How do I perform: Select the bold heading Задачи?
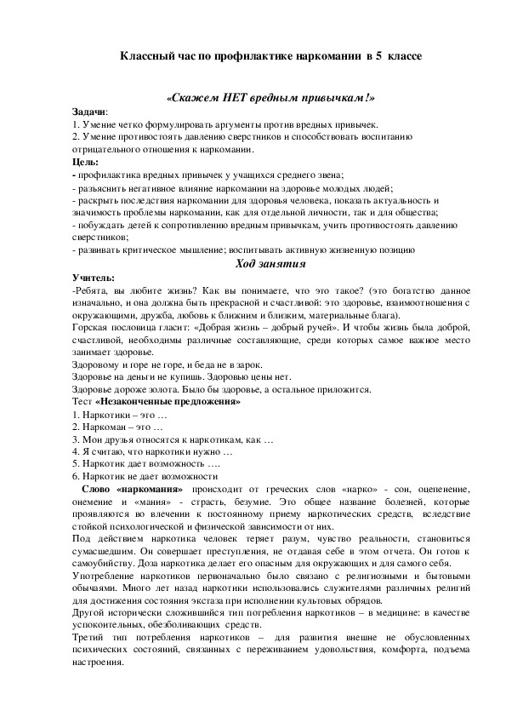(89, 112)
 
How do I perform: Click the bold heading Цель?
(85, 161)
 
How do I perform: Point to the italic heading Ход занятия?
(253, 263)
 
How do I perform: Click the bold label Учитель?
(94, 278)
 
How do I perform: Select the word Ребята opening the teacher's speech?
(92, 290)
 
